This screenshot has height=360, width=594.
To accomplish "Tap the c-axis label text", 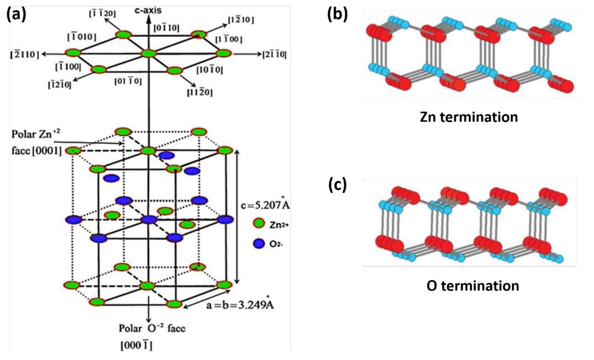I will (x=148, y=10).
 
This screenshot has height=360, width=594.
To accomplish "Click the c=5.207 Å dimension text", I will (x=265, y=205).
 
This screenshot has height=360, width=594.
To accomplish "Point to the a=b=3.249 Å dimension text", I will (x=240, y=304).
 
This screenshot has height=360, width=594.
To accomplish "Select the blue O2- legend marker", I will (x=259, y=244).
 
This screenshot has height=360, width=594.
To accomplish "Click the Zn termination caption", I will (x=469, y=117).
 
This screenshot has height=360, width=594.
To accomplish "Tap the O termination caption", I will (x=473, y=286).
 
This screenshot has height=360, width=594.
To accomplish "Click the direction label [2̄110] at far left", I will (x=25, y=54).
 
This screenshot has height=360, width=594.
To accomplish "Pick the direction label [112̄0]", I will (x=199, y=92).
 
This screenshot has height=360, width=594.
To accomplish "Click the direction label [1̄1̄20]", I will (x=102, y=14).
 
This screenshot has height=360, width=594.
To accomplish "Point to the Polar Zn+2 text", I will (x=36, y=134).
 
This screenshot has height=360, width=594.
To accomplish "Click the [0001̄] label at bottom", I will (x=136, y=346).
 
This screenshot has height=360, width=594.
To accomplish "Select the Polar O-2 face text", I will (x=152, y=328).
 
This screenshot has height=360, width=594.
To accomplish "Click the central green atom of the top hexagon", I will (x=148, y=54).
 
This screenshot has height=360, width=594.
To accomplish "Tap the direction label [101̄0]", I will (x=209, y=70).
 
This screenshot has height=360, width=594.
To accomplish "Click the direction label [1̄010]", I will (x=82, y=37).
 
